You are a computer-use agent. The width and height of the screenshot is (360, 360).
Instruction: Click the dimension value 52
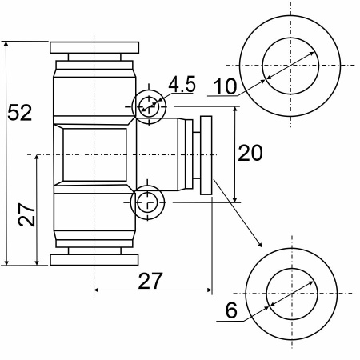tap(19, 113)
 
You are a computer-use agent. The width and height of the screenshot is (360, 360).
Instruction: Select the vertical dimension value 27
tap(26, 214)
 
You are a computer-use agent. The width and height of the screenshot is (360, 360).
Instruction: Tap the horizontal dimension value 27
tap(150, 281)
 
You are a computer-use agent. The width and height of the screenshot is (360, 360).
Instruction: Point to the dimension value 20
tap(250, 153)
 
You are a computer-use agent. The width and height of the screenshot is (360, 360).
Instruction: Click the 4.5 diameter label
tap(182, 84)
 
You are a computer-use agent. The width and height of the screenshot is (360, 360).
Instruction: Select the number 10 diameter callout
tap(226, 86)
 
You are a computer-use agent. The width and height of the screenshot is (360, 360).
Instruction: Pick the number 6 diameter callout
tap(231, 310)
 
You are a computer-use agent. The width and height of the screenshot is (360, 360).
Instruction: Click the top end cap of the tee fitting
tap(94, 47)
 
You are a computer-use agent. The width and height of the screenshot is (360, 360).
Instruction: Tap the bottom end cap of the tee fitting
tap(94, 260)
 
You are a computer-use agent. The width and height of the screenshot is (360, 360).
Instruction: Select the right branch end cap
tap(206, 155)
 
